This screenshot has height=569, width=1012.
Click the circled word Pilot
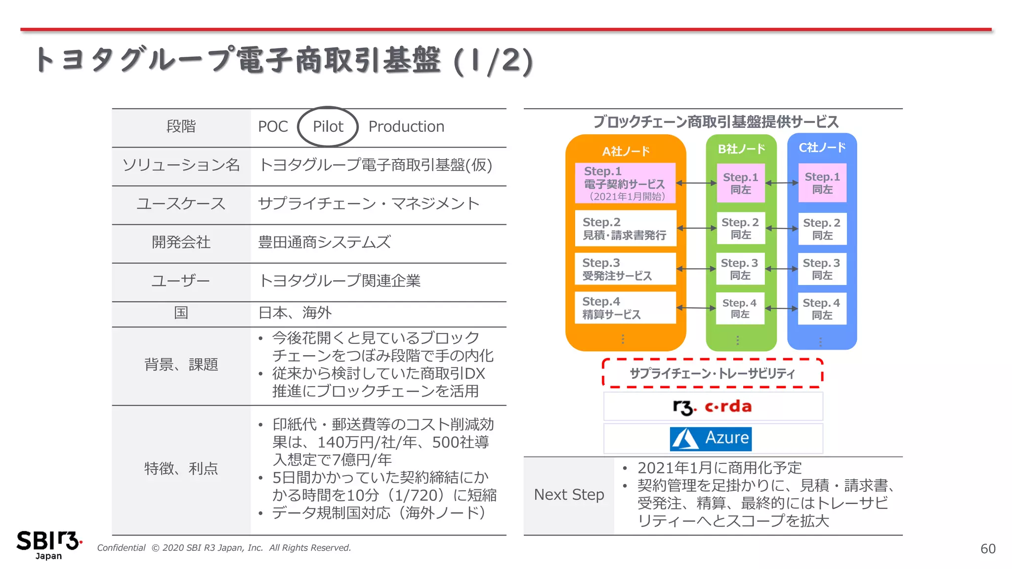328,127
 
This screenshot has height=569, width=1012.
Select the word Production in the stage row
406,127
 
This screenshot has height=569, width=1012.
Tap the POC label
273,127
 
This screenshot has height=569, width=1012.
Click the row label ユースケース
181,204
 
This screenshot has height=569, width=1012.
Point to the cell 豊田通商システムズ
324,243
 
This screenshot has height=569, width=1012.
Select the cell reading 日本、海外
295,313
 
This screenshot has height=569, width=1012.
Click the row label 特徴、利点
181,469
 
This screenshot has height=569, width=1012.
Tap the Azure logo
711,439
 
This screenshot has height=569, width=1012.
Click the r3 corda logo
712,407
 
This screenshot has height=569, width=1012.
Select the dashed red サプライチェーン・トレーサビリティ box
712,373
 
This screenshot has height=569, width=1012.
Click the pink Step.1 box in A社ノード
625,183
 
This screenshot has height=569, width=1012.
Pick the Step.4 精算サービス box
625,308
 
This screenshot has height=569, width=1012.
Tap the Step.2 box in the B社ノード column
740,229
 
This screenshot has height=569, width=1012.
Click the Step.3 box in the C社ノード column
822,269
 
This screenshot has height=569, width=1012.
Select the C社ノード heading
822,147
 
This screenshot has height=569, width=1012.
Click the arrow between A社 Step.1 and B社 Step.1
696,183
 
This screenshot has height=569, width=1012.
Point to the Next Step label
569,495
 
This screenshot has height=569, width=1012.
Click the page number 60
988,549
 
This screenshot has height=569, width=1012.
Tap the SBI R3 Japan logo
48,544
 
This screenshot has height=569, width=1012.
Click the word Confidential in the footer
121,548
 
